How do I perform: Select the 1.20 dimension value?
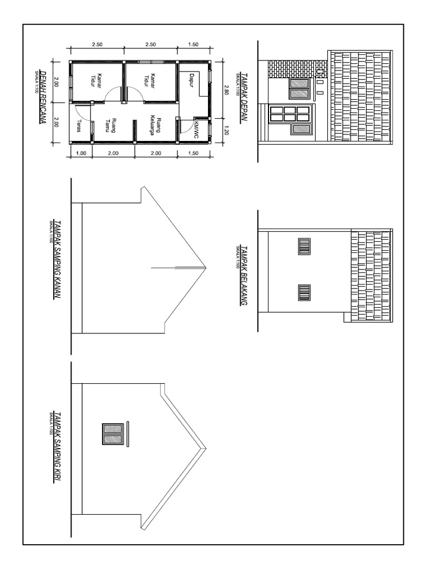click(226, 131)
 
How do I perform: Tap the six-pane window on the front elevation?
click(289, 114)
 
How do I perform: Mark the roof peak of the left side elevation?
click(207, 448)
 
